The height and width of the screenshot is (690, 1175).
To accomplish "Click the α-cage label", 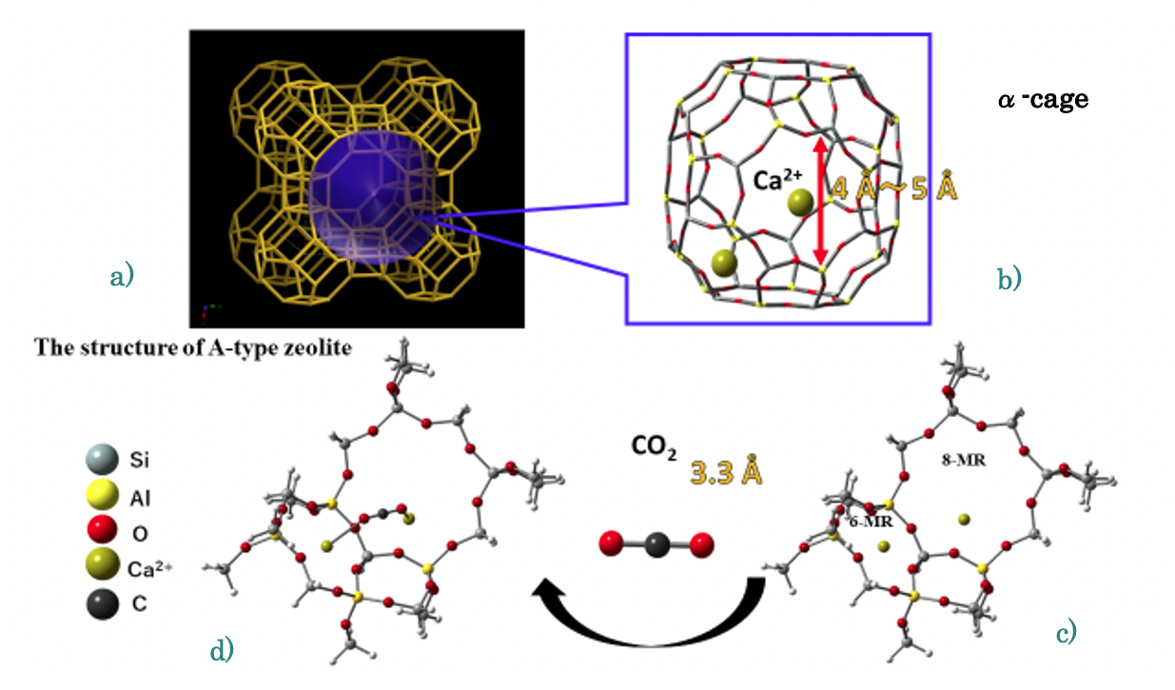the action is [x=1043, y=99].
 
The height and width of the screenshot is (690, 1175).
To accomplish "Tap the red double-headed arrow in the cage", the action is [x=821, y=201].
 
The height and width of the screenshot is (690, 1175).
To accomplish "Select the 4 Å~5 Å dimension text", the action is [x=893, y=187].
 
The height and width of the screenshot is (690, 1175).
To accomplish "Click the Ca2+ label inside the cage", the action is [x=777, y=180].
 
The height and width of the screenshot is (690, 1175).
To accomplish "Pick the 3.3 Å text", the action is [x=726, y=472].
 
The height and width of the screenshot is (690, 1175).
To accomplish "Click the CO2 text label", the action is [x=654, y=447].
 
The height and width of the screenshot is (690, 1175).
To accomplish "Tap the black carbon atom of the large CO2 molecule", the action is [x=656, y=544].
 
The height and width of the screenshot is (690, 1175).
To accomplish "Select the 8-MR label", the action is [x=964, y=461].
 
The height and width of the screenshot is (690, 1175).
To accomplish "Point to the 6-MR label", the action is [x=871, y=522].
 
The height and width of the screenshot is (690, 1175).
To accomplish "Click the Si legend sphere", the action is [x=102, y=460].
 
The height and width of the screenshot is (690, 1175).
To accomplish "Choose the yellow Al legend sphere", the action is [x=103, y=495].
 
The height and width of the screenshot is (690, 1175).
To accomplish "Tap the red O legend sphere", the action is [x=102, y=529].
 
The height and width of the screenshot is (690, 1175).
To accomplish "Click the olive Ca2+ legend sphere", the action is [x=103, y=564].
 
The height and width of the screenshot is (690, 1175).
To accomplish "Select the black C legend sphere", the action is [x=103, y=604].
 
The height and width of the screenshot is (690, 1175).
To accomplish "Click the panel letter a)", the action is [x=122, y=276].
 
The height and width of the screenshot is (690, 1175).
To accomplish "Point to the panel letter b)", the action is [x=1009, y=279].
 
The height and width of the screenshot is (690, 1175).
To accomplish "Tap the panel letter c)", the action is [x=1066, y=632].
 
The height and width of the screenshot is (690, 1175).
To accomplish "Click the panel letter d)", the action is [x=222, y=650].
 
